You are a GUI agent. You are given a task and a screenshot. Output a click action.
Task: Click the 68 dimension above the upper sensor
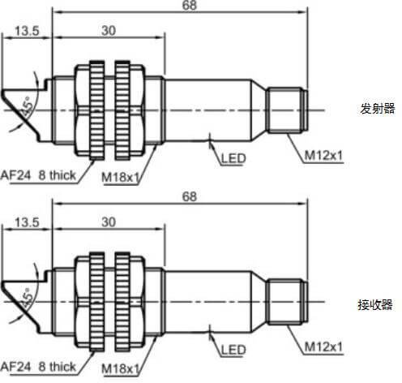[x=190, y=5]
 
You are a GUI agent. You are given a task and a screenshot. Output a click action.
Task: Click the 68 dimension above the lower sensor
[x=190, y=196]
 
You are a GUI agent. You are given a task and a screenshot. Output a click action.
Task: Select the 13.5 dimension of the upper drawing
[x=27, y=31]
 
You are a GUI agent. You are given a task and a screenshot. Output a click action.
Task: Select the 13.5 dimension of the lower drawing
[x=27, y=222]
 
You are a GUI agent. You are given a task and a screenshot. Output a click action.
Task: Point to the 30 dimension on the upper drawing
[x=109, y=31]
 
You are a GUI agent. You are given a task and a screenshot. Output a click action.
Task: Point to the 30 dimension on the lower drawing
[x=109, y=222]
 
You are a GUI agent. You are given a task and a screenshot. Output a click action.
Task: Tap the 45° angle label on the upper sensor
[x=27, y=106]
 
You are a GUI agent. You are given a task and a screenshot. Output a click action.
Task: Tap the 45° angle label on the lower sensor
[x=27, y=298]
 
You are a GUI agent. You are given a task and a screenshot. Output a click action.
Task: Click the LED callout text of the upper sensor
[x=233, y=158]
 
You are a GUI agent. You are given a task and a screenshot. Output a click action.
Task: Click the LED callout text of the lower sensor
[x=233, y=350]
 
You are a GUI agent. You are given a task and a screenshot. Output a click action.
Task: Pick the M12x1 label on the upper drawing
[x=323, y=156]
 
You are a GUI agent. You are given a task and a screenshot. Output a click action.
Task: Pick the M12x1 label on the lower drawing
[x=323, y=346]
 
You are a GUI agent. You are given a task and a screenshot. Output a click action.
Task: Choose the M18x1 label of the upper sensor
[x=120, y=177]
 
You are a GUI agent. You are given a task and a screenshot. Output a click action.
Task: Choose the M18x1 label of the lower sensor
[x=120, y=368]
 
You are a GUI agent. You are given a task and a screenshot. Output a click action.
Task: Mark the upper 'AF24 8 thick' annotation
[x=38, y=175]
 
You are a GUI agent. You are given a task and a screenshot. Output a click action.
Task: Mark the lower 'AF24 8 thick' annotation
[x=38, y=367]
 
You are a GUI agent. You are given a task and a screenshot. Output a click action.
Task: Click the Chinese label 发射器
[x=378, y=109]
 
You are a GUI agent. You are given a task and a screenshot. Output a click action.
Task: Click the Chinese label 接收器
[x=375, y=304]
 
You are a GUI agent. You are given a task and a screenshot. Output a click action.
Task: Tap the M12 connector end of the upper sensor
[x=287, y=110]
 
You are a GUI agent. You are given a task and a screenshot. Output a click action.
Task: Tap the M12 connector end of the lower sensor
[x=287, y=302]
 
